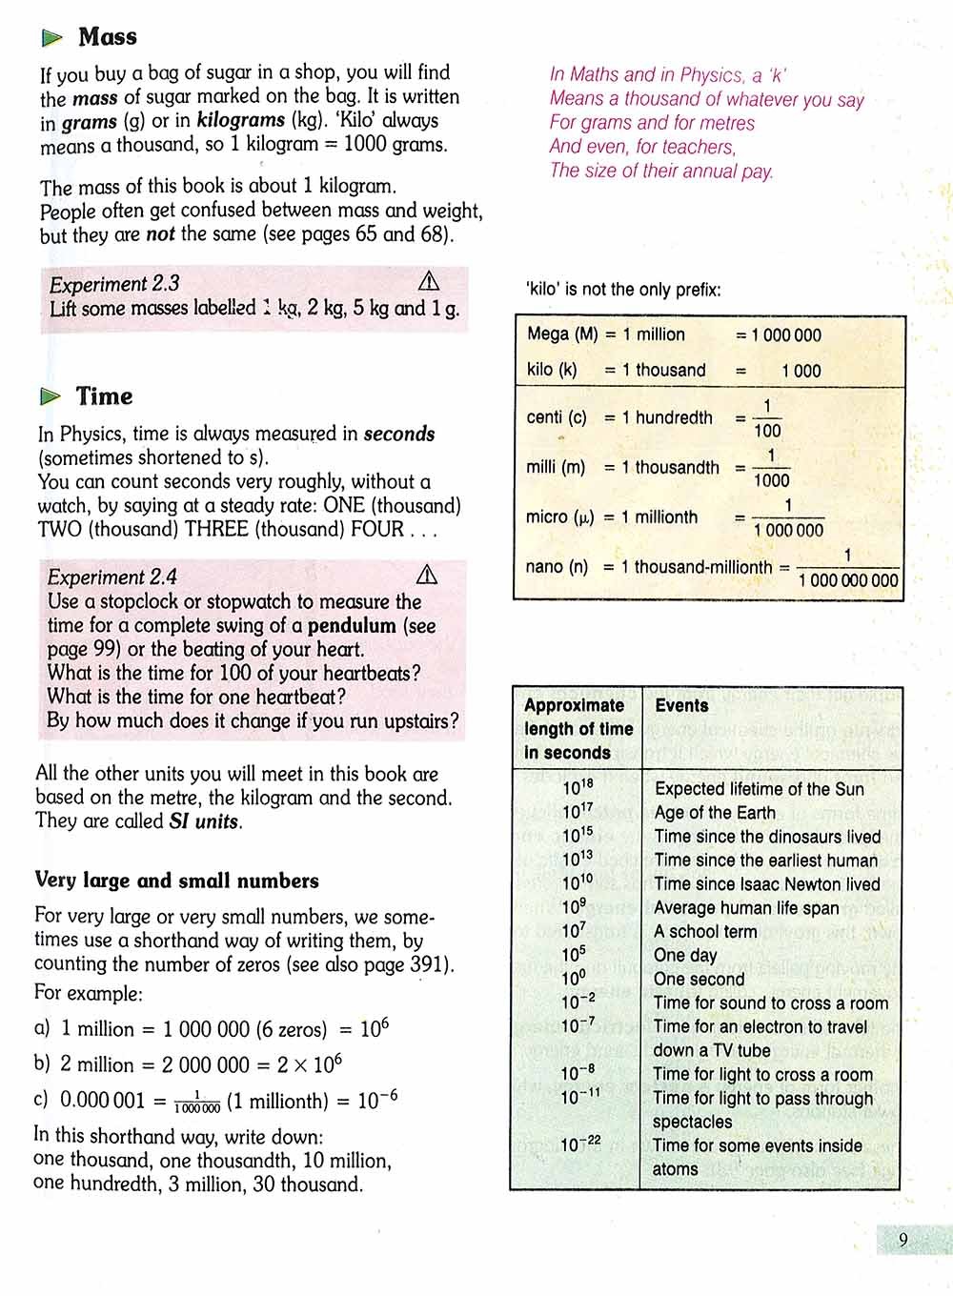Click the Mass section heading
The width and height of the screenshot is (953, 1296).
click(108, 37)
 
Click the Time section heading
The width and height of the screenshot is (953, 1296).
click(105, 396)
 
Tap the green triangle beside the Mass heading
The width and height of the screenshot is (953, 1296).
click(52, 38)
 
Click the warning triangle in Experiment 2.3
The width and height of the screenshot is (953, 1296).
click(429, 281)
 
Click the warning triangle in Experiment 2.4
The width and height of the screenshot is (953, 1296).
click(427, 575)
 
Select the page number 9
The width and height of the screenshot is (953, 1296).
click(902, 1240)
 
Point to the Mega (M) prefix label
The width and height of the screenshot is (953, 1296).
click(562, 334)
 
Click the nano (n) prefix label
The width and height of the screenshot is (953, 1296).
click(557, 567)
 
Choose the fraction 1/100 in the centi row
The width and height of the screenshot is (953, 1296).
click(767, 418)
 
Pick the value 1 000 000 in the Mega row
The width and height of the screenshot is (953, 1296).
click(785, 335)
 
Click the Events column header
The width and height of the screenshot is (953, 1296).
click(681, 705)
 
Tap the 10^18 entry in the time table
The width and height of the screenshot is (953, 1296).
click(578, 788)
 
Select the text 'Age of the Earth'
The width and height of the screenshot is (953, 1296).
click(715, 813)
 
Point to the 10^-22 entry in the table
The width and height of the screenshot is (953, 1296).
click(580, 1144)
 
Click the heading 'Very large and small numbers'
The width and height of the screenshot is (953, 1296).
click(177, 881)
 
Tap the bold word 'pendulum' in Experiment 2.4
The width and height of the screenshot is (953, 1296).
click(352, 626)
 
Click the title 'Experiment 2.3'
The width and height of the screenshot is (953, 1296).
click(114, 284)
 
